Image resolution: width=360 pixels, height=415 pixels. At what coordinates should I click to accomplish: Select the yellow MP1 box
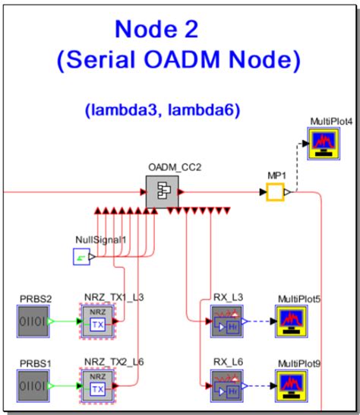coord(274,193)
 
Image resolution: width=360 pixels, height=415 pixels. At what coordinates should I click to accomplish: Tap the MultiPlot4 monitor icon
coord(324,143)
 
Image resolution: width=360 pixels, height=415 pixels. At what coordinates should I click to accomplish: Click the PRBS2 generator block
coord(34,320)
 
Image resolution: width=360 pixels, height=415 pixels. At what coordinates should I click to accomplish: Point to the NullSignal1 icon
coord(82,258)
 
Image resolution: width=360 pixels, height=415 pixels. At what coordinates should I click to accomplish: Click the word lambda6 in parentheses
coord(210,111)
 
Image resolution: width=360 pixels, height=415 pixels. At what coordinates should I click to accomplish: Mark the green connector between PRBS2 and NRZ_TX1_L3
coord(65,320)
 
